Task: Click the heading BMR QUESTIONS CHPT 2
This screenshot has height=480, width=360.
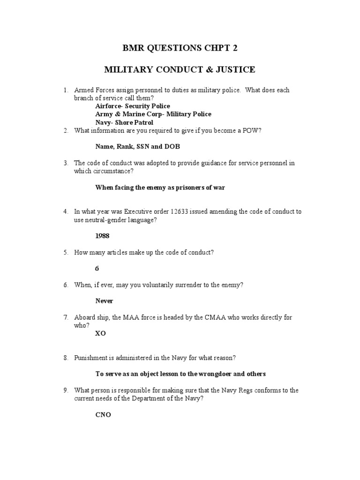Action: pyautogui.click(x=180, y=49)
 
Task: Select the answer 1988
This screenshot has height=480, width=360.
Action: pyautogui.click(x=103, y=236)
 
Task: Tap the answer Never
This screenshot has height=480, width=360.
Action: pyautogui.click(x=105, y=301)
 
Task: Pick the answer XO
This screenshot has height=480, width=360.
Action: pyautogui.click(x=100, y=333)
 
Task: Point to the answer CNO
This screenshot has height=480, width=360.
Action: pyautogui.click(x=103, y=415)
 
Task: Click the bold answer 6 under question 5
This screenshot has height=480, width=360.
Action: pyautogui.click(x=97, y=269)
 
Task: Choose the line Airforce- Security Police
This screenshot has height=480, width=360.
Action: pyautogui.click(x=133, y=106)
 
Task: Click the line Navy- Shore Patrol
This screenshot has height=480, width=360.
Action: pyautogui.click(x=124, y=122)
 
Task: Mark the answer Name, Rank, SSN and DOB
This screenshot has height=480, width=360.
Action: pyautogui.click(x=137, y=147)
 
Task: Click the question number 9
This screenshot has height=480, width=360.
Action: pyautogui.click(x=66, y=390)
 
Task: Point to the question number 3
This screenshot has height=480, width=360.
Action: pyautogui.click(x=66, y=163)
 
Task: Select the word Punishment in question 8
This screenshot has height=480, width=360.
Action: pyautogui.click(x=90, y=358)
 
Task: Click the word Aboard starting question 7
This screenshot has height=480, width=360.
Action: pyautogui.click(x=84, y=317)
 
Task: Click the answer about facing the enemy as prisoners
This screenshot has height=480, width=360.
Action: pyautogui.click(x=160, y=187)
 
